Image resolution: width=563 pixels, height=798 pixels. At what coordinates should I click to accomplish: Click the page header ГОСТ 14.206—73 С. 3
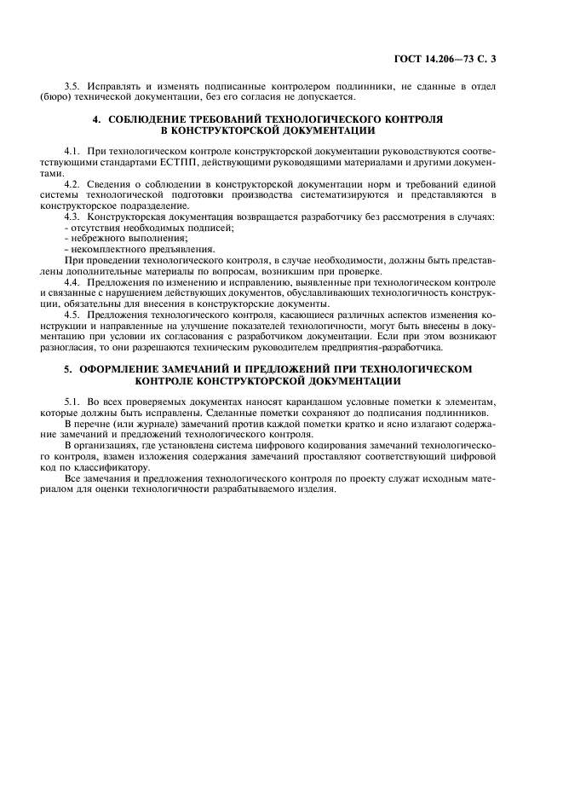click(458, 59)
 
